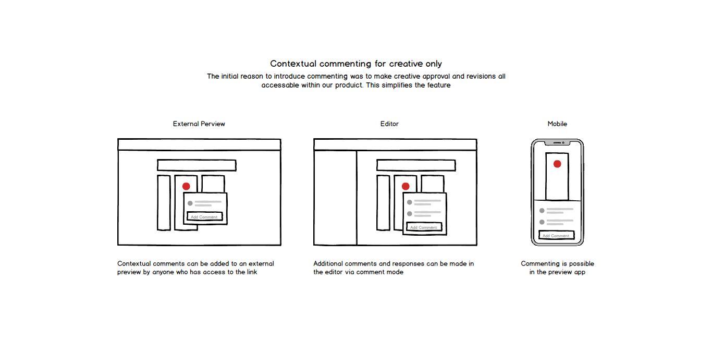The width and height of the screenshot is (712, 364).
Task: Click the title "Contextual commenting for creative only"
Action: [356, 64]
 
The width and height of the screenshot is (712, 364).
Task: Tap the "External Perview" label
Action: [199, 124]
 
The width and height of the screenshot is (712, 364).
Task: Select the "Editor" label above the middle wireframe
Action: [389, 124]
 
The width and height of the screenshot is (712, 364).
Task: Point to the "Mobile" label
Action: [557, 124]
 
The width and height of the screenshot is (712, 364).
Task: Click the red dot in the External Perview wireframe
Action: [186, 186]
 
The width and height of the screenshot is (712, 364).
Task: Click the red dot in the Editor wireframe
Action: [406, 186]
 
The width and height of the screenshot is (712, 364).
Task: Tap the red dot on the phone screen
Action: [557, 164]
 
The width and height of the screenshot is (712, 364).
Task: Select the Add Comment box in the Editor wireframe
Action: [424, 227]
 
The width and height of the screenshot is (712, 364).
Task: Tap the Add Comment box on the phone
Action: [556, 236]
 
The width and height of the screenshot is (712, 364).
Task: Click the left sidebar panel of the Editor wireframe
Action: [335, 198]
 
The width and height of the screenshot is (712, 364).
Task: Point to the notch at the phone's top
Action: [558, 142]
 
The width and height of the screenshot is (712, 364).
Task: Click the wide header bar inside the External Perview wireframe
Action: [197, 165]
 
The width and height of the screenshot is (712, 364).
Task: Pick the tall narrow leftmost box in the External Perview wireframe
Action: [164, 202]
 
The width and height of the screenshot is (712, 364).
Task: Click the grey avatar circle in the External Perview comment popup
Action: [190, 203]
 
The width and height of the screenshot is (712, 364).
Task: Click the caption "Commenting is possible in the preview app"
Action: [557, 268]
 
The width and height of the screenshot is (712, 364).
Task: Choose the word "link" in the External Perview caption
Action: [251, 272]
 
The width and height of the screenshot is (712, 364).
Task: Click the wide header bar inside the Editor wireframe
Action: [416, 165]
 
